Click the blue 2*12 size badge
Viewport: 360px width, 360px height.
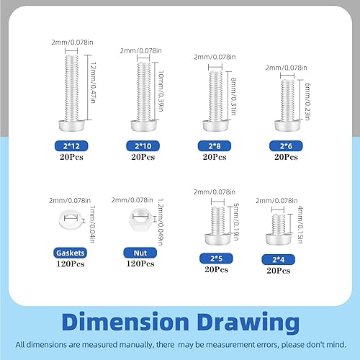coord(71,146)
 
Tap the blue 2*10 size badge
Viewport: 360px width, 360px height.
coord(143,146)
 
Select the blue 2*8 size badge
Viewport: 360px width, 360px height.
coord(215,146)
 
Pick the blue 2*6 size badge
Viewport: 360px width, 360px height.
coord(286,146)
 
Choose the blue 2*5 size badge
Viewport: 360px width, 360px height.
coord(216,258)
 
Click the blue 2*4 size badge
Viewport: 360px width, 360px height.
coord(279,259)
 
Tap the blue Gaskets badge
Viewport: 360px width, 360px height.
coord(70,253)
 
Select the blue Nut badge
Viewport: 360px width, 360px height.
coord(140,253)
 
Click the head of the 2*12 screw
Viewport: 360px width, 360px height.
coord(71,125)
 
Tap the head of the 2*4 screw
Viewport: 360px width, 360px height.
coord(279,239)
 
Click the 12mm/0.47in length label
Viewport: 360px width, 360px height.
coord(93,83)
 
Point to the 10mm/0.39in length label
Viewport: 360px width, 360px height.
coord(161,91)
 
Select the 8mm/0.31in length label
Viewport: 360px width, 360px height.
coord(233,96)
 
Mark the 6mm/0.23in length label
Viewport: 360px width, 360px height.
coord(307,102)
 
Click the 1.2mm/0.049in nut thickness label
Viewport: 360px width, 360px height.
coord(161,222)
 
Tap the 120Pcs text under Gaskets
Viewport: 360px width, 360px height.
coord(71,264)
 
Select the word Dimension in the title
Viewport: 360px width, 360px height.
coord(125,322)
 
